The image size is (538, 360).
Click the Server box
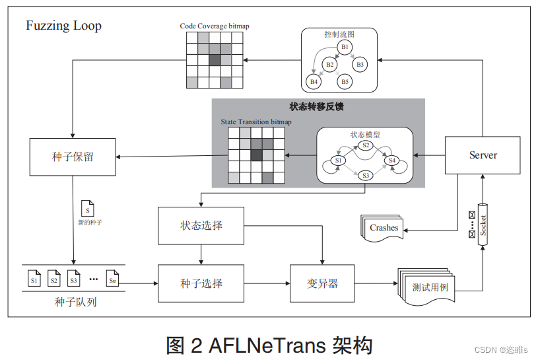coord(483,156)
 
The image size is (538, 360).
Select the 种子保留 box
coord(73,157)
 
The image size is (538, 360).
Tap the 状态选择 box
coord(201,226)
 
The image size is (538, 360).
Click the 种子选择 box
coord(201,283)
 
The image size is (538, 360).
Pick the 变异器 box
coord(322,283)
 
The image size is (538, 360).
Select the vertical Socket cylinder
coord(483,225)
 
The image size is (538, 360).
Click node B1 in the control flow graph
coord(344,47)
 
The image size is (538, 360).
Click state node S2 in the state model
coord(366,145)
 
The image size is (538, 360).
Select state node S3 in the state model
coord(366,176)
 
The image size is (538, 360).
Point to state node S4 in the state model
coord(393,161)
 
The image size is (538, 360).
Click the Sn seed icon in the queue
coord(113,280)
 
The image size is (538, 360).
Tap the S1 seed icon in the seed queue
coord(34,280)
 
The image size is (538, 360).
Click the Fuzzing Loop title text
coord(63,26)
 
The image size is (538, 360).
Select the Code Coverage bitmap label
coord(215,26)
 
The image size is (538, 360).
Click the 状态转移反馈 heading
coord(317,106)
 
